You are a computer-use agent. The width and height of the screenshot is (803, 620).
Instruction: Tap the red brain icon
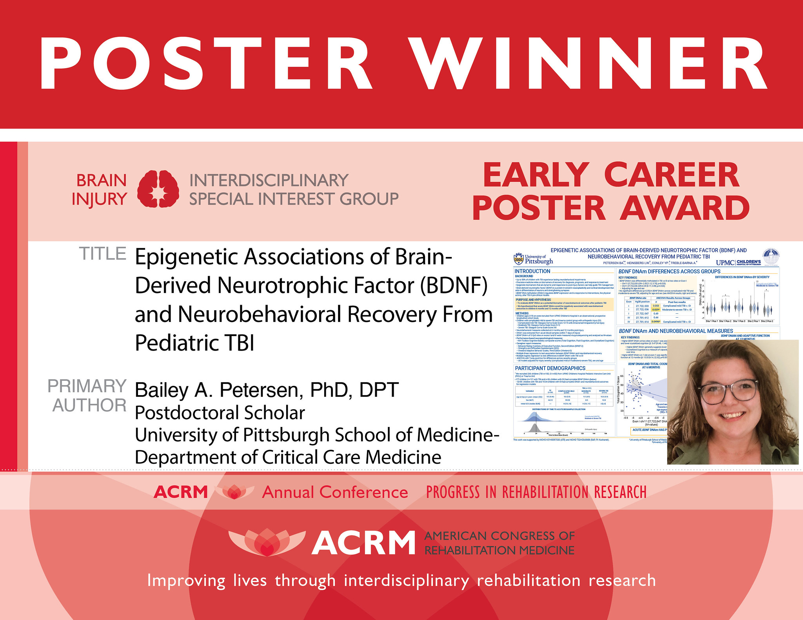158,189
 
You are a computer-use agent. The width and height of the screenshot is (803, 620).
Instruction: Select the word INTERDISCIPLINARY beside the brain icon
269,181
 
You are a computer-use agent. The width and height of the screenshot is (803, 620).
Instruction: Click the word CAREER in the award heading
671,176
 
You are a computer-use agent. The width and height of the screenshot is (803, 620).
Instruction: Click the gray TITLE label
103,254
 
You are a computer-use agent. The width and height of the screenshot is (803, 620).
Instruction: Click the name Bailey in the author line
164,390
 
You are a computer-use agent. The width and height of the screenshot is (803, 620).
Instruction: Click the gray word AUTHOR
89,405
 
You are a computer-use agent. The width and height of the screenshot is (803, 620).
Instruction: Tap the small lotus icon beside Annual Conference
234,492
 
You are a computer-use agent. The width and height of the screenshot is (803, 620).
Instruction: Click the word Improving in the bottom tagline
186,580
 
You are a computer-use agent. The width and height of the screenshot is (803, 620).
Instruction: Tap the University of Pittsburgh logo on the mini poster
533,259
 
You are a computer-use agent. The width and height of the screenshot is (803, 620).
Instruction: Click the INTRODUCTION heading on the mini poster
532,271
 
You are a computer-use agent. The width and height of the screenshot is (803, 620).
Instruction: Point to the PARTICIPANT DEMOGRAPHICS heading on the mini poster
550,368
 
